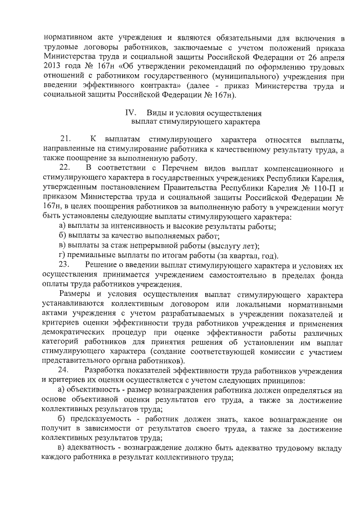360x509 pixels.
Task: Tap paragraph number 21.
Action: tap(65, 138)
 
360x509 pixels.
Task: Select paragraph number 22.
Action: tap(65, 168)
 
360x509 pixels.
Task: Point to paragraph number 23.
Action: tap(65, 264)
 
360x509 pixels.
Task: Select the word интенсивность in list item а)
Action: tap(127, 226)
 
